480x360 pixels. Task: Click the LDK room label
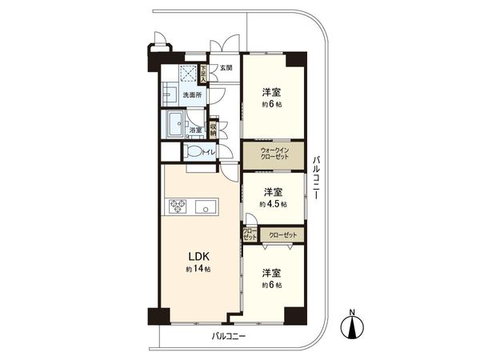click(x=198, y=256)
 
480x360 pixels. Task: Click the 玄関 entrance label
click(x=226, y=69)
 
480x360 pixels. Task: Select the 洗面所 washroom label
click(x=192, y=96)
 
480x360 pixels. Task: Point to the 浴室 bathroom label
click(x=196, y=130)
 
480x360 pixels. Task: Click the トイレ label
click(x=208, y=151)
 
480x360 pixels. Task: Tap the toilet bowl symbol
click(x=193, y=152)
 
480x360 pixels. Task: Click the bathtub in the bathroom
click(x=175, y=124)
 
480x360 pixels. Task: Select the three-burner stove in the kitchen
click(x=178, y=206)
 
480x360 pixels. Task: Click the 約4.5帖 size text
click(x=273, y=204)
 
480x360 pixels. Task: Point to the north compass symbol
click(x=353, y=326)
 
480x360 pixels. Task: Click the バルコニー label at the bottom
click(x=229, y=337)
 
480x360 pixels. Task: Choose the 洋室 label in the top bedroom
click(x=273, y=92)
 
